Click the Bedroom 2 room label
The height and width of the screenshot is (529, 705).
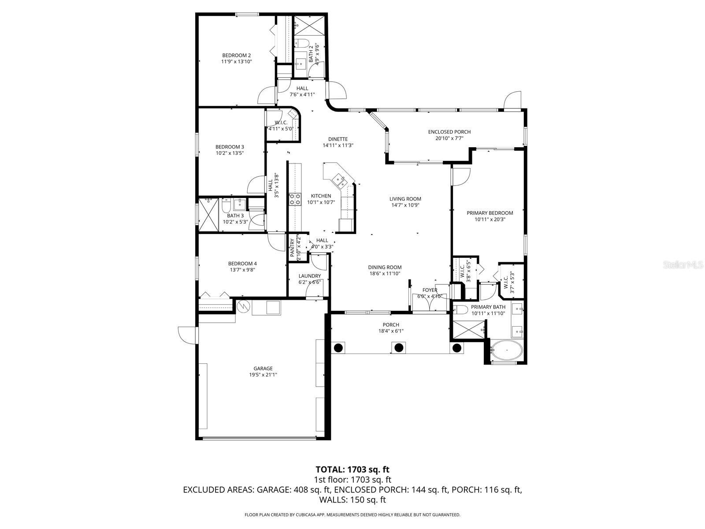pyautogui.click(x=236, y=55)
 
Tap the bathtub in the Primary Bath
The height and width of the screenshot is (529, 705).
pyautogui.click(x=506, y=351)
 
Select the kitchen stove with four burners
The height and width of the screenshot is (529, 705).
pyautogui.click(x=294, y=199)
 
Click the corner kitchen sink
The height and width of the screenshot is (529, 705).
pyautogui.click(x=339, y=179)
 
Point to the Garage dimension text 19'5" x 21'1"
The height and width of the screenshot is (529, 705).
pyautogui.click(x=263, y=375)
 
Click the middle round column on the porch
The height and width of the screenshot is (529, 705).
pyautogui.click(x=398, y=348)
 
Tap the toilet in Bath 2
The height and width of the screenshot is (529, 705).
pyautogui.click(x=302, y=43)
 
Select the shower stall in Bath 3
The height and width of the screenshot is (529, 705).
pyautogui.click(x=208, y=215)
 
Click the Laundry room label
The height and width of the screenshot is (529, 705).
pyautogui.click(x=309, y=276)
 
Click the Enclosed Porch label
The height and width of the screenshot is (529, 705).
pyautogui.click(x=449, y=132)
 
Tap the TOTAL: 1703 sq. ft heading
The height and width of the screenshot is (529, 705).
pyautogui.click(x=352, y=469)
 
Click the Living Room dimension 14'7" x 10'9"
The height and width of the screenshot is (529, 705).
pyautogui.click(x=405, y=205)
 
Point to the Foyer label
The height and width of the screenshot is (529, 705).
pyautogui.click(x=430, y=290)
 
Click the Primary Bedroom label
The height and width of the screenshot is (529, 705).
pyautogui.click(x=490, y=213)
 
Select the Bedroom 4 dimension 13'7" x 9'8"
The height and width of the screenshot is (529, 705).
pyautogui.click(x=242, y=270)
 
